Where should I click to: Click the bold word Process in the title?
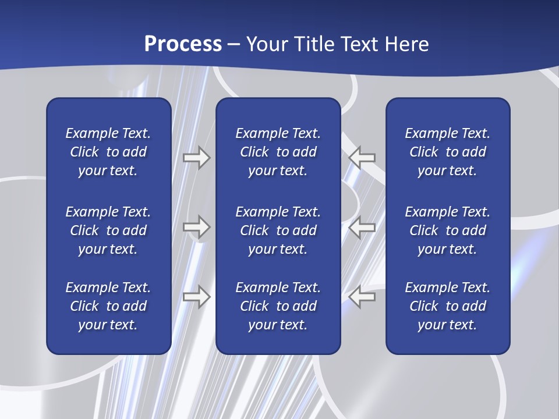pos(183,44)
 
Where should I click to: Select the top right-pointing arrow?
pos(197,158)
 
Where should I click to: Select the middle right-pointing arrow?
pos(197,227)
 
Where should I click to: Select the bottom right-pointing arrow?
pos(197,297)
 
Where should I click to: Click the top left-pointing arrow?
pos(362,158)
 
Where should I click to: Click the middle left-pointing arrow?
pos(362,227)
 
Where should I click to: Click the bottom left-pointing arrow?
pos(362,297)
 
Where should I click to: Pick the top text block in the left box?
pos(108,152)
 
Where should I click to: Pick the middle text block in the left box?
pos(108,230)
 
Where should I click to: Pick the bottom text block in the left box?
pos(108,306)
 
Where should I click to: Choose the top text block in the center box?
pos(278,152)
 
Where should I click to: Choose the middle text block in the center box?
pos(278,230)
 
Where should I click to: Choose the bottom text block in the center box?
pos(278,306)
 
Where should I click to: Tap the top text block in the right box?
pos(447,152)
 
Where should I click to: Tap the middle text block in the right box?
pos(447,230)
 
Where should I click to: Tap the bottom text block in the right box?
pos(447,306)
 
